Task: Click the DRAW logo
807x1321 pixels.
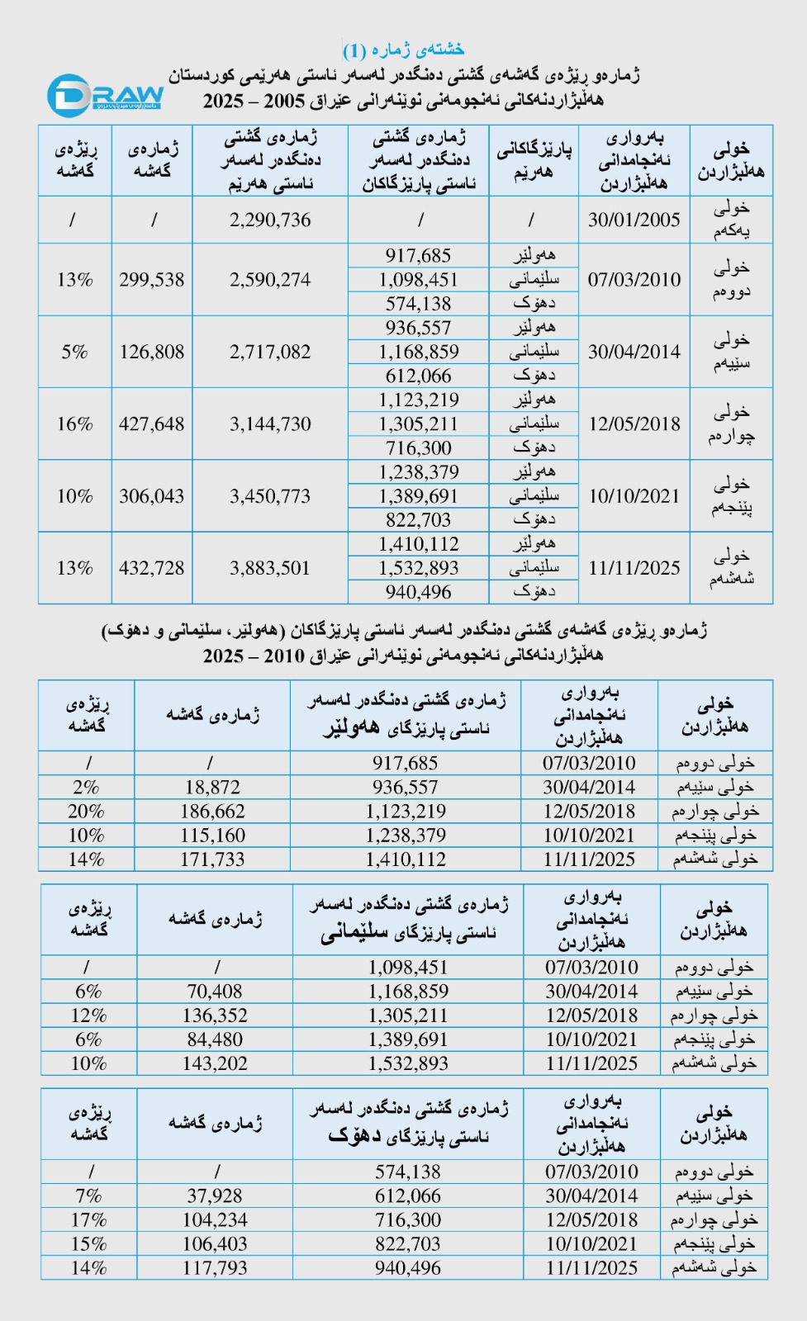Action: coord(106,95)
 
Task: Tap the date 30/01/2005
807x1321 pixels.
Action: coord(634,220)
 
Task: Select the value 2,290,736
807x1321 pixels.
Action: coord(270,220)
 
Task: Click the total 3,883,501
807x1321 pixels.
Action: coord(270,568)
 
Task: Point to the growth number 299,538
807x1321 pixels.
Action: coord(152,280)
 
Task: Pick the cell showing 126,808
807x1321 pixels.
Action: coord(152,352)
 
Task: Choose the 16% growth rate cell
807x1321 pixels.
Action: coord(74,424)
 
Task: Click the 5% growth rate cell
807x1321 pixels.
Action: coord(74,352)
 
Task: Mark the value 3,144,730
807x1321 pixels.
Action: coord(270,424)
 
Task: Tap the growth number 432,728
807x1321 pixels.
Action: coord(152,568)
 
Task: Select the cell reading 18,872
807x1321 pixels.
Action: coord(212,787)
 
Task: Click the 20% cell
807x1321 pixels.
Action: coord(86,811)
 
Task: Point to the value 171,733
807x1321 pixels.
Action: coord(212,859)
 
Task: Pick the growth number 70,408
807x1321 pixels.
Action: coord(215,991)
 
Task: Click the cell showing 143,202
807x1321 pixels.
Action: coord(215,1063)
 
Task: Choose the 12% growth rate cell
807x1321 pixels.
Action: coord(88,1015)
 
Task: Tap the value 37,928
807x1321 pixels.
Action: coord(215,1196)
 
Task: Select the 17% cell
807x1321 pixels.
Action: coord(88,1219)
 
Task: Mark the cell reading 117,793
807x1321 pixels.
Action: coord(215,1267)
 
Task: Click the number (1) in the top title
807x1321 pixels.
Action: coord(354,50)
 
